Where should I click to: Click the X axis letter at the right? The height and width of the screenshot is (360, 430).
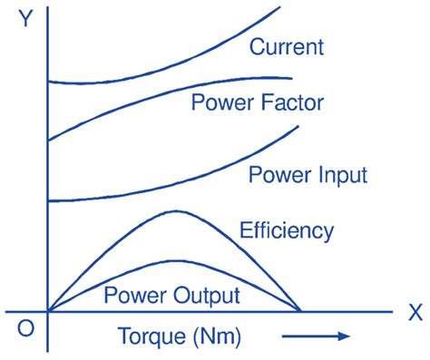pos(415,313)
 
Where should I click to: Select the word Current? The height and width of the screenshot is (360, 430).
pos(286,45)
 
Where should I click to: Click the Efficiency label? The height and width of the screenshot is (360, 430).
pos(287,230)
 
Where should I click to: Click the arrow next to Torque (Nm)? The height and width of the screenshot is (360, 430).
pos(318,337)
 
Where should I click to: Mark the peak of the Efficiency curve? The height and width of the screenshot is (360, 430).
pos(174,211)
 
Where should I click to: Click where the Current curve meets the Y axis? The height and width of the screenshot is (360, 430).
pos(47,82)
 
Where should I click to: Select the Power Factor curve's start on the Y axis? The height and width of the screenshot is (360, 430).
pos(47,140)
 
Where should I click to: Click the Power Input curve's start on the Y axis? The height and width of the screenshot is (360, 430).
pos(47,200)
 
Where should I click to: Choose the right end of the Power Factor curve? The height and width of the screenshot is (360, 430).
pos(292,78)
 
